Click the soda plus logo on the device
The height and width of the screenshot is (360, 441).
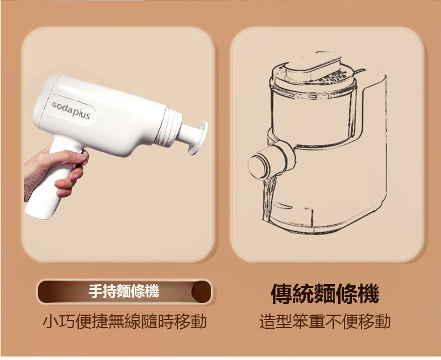71,110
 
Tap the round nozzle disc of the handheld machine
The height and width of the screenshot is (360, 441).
198,138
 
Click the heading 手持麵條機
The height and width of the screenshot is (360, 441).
123,291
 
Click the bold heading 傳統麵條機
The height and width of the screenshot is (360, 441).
325,294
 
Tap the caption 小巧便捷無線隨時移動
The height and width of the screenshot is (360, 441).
125,321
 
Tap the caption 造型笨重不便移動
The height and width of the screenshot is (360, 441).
325,321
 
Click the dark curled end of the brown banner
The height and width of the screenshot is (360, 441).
201,292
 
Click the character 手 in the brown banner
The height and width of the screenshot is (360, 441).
96,291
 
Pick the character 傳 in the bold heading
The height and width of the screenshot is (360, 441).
281,294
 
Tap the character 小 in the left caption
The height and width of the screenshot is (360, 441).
51,321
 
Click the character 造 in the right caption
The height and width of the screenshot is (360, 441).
267,321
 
